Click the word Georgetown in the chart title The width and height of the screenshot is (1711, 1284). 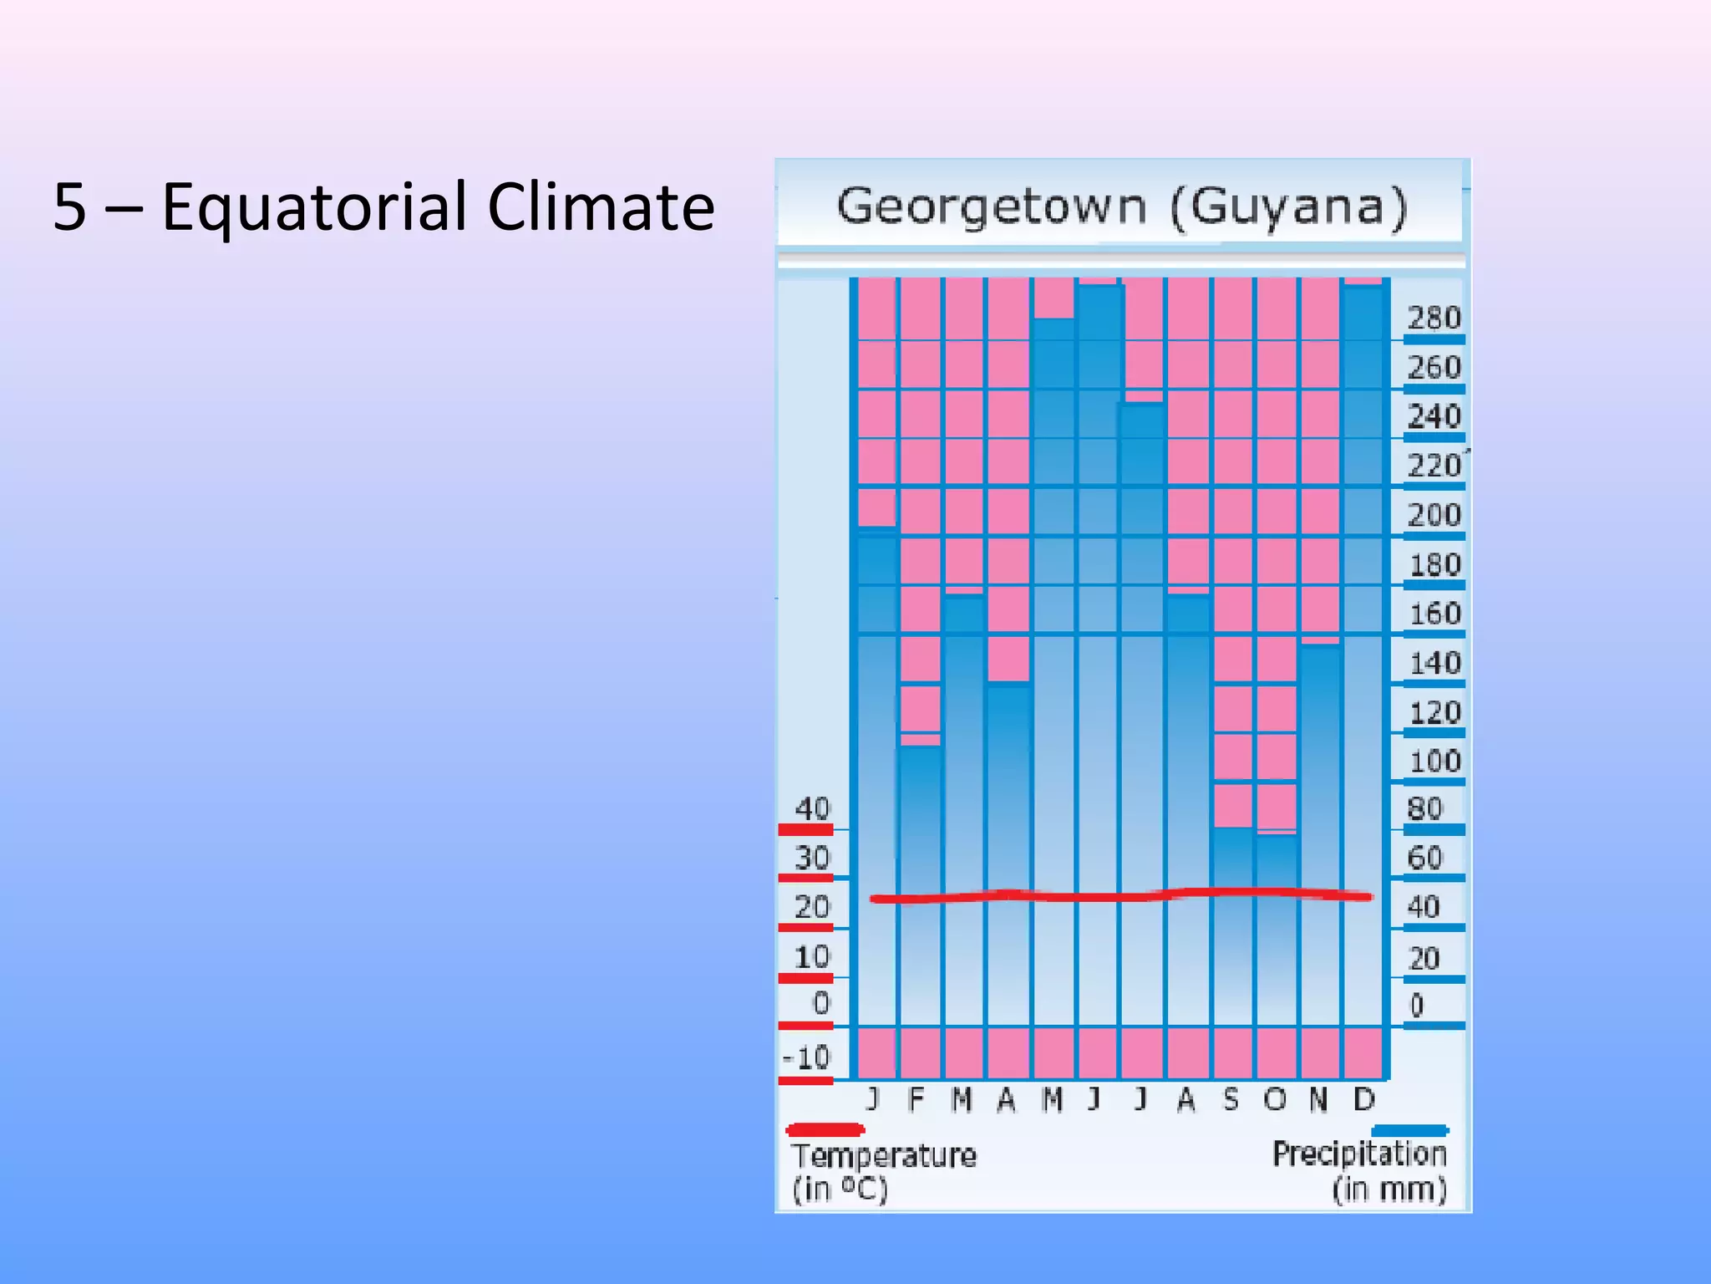point(992,207)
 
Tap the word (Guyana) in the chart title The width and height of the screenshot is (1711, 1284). point(1289,207)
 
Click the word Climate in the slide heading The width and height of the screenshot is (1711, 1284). point(601,207)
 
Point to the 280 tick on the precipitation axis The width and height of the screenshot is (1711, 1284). point(1434,318)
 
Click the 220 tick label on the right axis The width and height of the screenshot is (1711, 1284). point(1434,466)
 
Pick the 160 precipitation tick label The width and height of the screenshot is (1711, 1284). point(1434,614)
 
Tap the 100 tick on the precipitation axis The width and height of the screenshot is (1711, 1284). point(1434,762)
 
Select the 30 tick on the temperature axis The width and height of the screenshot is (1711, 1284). point(811,859)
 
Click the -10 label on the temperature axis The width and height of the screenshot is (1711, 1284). point(807,1058)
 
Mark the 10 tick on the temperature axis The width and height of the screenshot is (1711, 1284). point(811,957)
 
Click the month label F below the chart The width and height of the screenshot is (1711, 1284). point(916,1100)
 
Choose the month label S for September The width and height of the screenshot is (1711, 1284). point(1231,1100)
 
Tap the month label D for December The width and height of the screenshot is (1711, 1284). point(1363,1100)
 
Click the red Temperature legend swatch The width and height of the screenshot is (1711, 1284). point(825,1130)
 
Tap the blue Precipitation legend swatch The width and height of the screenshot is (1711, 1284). point(1409,1130)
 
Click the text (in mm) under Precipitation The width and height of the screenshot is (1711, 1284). point(1389,1190)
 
